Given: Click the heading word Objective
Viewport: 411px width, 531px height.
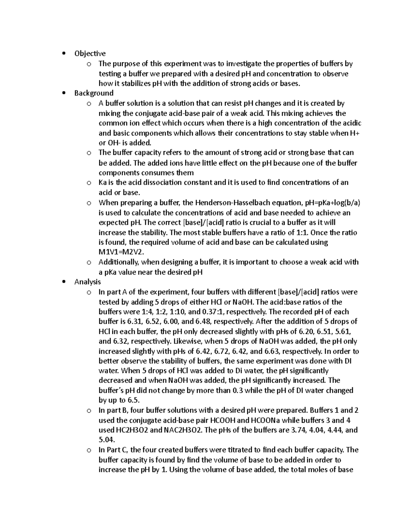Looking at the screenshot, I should (90, 53).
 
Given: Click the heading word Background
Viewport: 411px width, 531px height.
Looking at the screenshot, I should (94, 93).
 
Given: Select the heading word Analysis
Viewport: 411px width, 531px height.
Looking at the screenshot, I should (87, 282).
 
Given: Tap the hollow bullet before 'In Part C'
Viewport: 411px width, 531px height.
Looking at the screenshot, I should (89, 450).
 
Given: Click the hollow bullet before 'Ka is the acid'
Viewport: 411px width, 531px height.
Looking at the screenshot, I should (89, 183).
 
